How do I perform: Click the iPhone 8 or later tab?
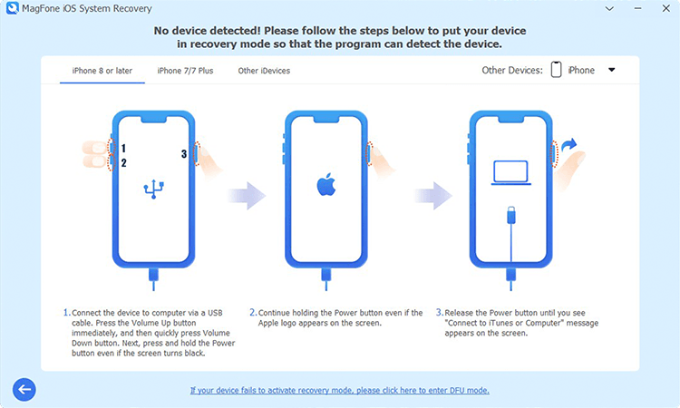102,71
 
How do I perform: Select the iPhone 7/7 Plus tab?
185,71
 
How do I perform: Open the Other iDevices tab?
264,71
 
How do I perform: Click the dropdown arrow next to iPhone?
611,70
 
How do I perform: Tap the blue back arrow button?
24,389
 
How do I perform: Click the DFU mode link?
340,390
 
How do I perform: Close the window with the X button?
666,8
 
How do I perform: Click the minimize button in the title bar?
637,8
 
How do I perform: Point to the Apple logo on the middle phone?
326,185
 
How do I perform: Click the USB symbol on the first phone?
154,189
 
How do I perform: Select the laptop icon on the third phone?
510,172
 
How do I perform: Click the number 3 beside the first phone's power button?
184,154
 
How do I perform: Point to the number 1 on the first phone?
123,149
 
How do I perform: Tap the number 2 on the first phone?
123,163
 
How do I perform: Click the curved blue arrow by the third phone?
569,145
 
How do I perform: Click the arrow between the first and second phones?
248,195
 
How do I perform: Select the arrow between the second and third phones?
433,195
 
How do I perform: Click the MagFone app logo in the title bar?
12,8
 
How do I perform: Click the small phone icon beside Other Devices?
556,70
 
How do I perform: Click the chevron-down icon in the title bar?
609,8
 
